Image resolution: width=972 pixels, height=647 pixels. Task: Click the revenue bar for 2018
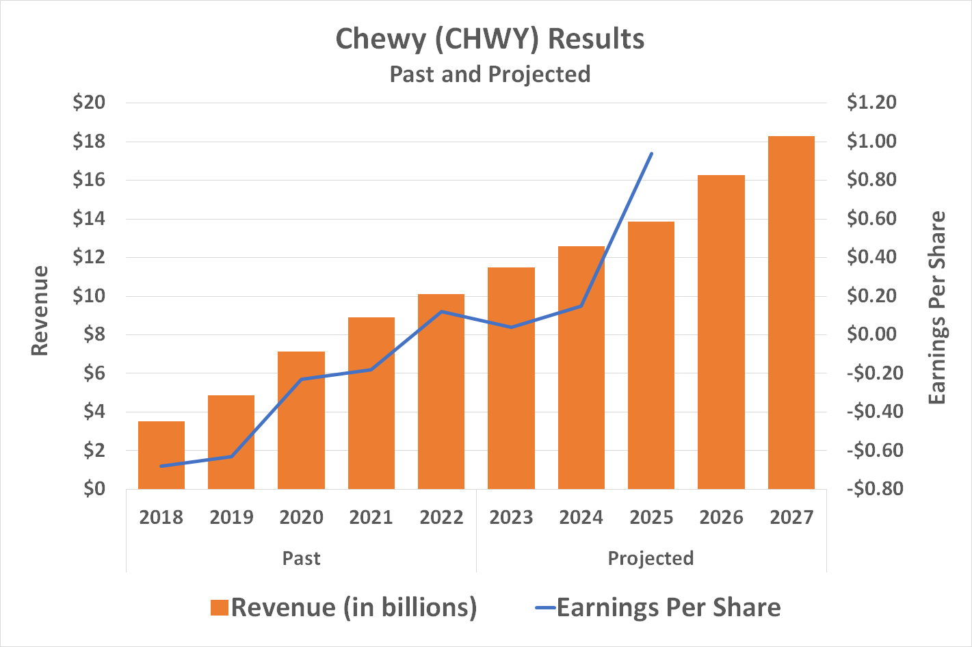(161, 455)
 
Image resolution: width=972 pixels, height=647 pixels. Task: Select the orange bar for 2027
(791, 313)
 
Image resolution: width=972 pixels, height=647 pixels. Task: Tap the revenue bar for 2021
(371, 403)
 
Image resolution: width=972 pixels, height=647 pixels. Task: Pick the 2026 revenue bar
(721, 332)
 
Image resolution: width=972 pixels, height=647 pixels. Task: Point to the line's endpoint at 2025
(651, 153)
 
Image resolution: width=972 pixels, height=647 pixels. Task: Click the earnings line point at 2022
(442, 311)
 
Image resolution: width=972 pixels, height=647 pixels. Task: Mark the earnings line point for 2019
(232, 456)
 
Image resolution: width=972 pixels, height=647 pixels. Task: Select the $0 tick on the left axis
(94, 489)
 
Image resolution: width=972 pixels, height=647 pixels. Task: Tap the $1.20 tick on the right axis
(871, 103)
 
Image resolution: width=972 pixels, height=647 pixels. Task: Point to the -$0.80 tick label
(874, 489)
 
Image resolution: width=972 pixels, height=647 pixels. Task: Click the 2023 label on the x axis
(512, 517)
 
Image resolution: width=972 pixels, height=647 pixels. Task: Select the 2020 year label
(302, 517)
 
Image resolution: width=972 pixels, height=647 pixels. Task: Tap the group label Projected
(651, 558)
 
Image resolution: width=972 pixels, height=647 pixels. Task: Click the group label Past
(302, 558)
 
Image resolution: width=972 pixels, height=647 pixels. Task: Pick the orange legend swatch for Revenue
(219, 608)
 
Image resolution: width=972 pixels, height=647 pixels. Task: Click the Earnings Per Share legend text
(668, 608)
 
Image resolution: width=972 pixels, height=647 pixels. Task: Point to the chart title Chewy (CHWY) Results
(490, 39)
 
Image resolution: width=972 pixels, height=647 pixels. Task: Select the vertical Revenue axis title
(40, 311)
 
